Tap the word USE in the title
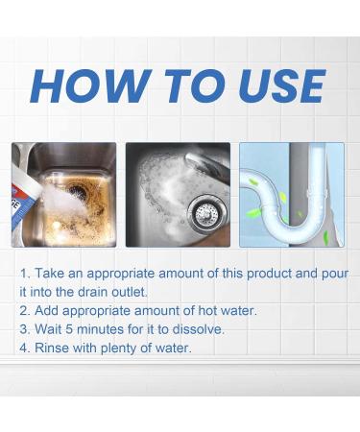pos(281,85)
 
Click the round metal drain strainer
pos(206,213)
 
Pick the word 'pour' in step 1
pos(335,275)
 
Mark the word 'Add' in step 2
pos(46,310)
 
